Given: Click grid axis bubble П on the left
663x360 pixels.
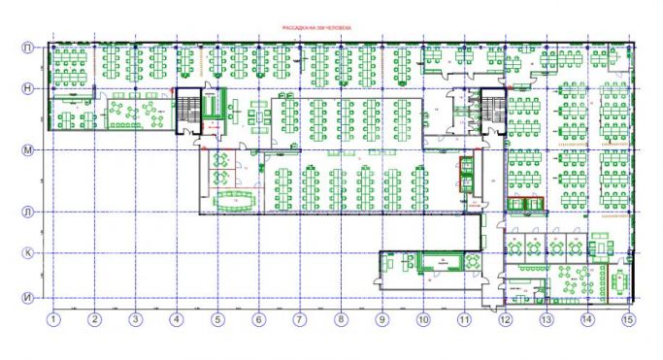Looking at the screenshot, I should (29, 47).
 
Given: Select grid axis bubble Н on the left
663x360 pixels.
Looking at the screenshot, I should (29, 88).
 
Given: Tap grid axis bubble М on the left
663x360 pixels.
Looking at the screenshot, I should (29, 150).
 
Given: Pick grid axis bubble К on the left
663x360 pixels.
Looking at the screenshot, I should (29, 253).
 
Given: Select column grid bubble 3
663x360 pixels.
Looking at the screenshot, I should (136, 318).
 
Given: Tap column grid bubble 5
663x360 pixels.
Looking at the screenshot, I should (217, 318).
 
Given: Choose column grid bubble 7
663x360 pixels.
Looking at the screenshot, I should (299, 318).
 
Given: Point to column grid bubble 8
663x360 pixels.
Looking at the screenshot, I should (341, 318).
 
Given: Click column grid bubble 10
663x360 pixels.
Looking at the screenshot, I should (422, 318).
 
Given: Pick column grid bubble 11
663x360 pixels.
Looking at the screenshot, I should (464, 318).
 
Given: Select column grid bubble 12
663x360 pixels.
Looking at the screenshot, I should (505, 318).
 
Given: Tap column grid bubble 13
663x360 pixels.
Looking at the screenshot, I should (546, 318).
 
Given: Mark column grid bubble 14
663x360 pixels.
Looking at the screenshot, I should (586, 318).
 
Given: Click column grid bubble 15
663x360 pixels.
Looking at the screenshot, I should (627, 318).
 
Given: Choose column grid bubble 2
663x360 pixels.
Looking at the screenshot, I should (94, 318).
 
